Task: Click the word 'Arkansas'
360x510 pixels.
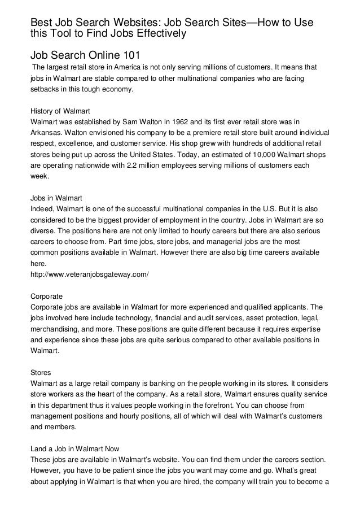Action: pyautogui.click(x=46, y=132)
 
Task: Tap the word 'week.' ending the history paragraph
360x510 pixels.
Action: pyautogui.click(x=39, y=176)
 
